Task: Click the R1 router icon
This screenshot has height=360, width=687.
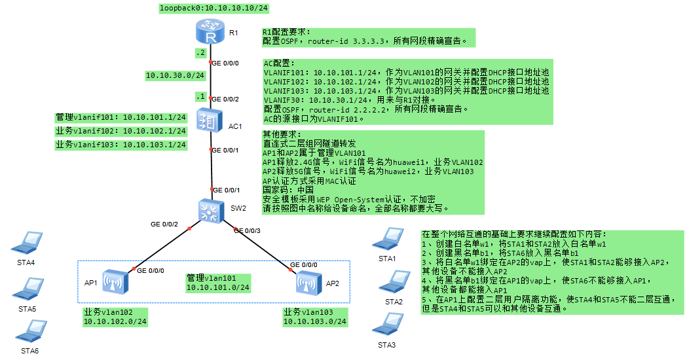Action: pyautogui.click(x=211, y=31)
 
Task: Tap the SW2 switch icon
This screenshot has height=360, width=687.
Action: pyautogui.click(x=210, y=210)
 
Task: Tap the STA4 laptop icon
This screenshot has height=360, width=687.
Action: pyautogui.click(x=28, y=243)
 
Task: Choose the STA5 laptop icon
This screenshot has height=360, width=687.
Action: pyautogui.click(x=28, y=289)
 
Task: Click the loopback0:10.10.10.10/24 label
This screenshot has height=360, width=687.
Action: pyautogui.click(x=214, y=8)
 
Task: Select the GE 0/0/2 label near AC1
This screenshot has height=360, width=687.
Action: pyautogui.click(x=226, y=99)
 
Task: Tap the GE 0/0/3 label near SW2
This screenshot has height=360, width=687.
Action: pyautogui.click(x=247, y=230)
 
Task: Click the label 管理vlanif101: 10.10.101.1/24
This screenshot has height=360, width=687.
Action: pyautogui.click(x=121, y=117)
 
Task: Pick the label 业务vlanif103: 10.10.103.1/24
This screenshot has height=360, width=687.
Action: pyautogui.click(x=121, y=145)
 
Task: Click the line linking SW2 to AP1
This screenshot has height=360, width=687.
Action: pyautogui.click(x=162, y=248)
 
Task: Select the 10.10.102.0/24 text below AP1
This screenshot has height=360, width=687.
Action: pyautogui.click(x=115, y=321)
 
